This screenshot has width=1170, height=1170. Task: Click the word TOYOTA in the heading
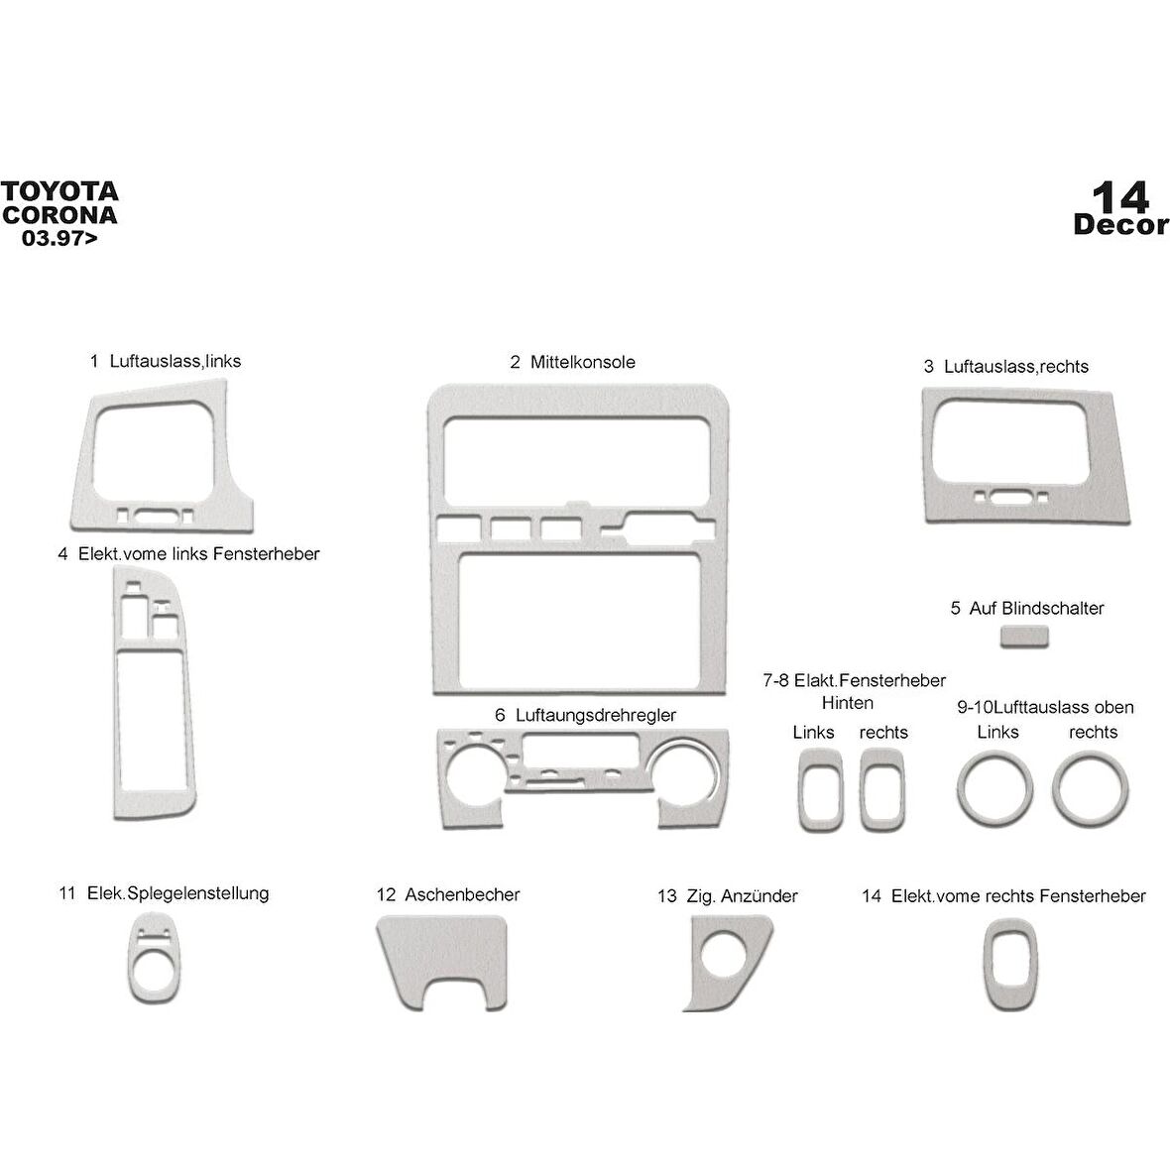point(59,191)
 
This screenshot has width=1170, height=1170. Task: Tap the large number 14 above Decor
point(1120,196)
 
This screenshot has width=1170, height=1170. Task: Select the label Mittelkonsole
point(582,362)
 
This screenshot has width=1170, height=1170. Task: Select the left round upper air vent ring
point(995,789)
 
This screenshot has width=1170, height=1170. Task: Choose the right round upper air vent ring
point(1090,789)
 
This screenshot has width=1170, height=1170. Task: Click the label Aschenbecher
point(461,894)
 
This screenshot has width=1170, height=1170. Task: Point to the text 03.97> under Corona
point(60,238)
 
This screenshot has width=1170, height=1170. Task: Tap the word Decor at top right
point(1120,225)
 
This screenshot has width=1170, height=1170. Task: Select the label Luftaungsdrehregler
point(598,715)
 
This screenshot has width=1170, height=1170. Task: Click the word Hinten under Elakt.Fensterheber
point(848,703)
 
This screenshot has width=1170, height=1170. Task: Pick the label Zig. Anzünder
point(741,896)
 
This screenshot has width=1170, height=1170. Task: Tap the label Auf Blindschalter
point(1036,608)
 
